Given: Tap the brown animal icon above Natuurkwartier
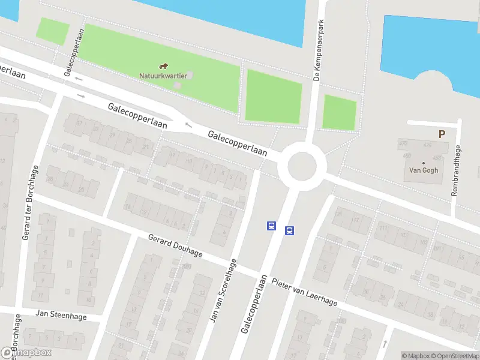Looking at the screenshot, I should [x=163, y=65].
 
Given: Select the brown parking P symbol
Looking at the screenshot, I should [x=442, y=134].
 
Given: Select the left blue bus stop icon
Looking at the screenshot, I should [x=271, y=226].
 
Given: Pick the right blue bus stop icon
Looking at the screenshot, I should [x=289, y=230].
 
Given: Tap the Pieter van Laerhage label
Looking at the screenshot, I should [x=304, y=292].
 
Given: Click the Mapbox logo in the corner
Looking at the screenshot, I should [x=26, y=353].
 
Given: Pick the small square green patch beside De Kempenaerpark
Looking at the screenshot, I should [x=340, y=112].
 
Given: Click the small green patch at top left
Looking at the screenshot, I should [x=52, y=31].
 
